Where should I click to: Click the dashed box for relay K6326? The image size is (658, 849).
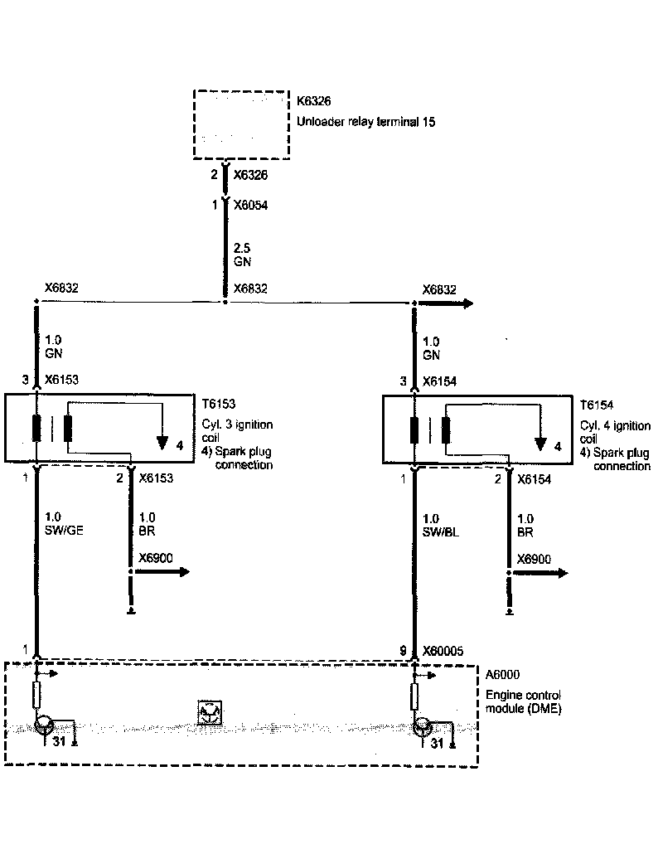pos(240,124)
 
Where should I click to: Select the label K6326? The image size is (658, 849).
pos(314,103)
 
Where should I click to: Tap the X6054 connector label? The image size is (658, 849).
pos(250,204)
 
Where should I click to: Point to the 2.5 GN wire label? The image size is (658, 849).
pos(242,255)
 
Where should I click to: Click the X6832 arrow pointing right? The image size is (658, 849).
pos(448,303)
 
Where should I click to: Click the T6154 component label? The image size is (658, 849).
pos(598,404)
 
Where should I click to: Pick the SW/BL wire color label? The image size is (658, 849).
pos(440,532)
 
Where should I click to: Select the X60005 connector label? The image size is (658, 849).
pos(448,652)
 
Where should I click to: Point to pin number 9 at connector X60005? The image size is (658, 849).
pos(403,652)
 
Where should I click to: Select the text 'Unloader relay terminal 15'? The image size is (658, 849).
pos(365,121)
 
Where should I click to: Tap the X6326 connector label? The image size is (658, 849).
pos(250,176)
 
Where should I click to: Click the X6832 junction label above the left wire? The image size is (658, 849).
pos(61,288)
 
